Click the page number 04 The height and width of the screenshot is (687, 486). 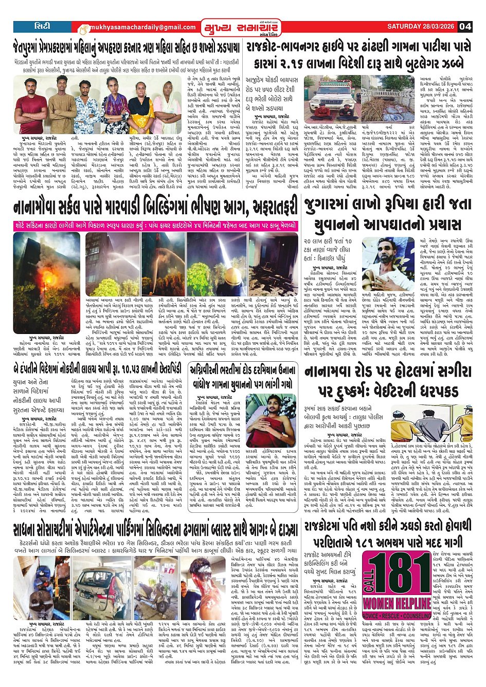[465, 26]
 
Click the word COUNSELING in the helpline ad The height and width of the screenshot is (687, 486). [418, 616]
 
